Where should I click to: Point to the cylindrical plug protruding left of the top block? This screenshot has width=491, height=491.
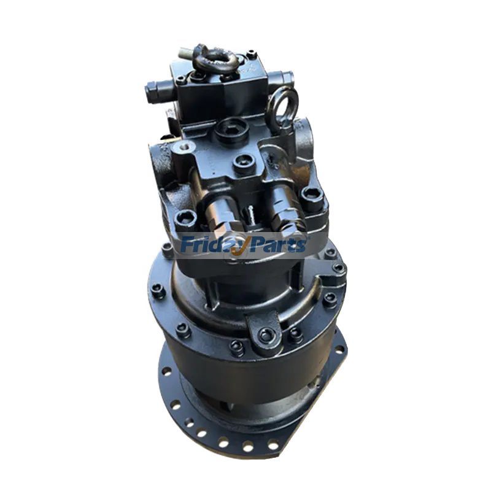[155, 93]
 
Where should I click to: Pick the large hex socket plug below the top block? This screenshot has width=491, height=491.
[232, 128]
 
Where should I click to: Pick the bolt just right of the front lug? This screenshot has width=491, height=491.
[296, 334]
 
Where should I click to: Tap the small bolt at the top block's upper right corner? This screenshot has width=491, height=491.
[252, 55]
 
